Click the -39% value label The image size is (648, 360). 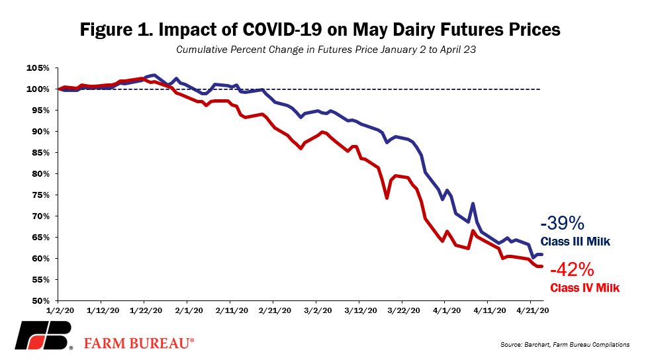click(562, 223)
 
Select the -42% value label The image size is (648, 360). click(572, 270)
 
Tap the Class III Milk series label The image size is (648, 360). click(575, 242)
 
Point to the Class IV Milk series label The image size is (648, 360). click(584, 288)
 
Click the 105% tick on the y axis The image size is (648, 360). click(38, 67)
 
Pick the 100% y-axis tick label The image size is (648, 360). click(38, 89)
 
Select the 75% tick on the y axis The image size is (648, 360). click(40, 195)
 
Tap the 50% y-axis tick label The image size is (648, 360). click(40, 300)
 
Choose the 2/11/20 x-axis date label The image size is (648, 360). click(232, 310)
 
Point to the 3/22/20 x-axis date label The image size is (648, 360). click(404, 310)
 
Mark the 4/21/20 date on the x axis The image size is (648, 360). click(533, 310)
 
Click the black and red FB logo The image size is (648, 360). click(44, 336)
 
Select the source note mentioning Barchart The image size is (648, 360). click(565, 344)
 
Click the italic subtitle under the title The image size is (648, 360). click(326, 50)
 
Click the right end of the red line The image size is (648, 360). click(542, 266)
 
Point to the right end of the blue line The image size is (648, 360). click(542, 254)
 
